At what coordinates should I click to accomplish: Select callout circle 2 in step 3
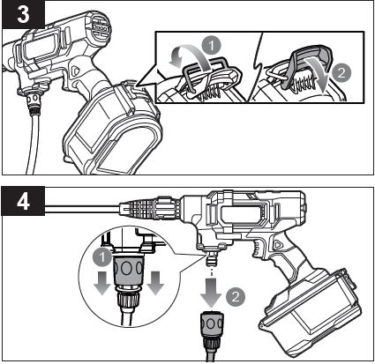343,65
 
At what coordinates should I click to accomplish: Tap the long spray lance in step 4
79,209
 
